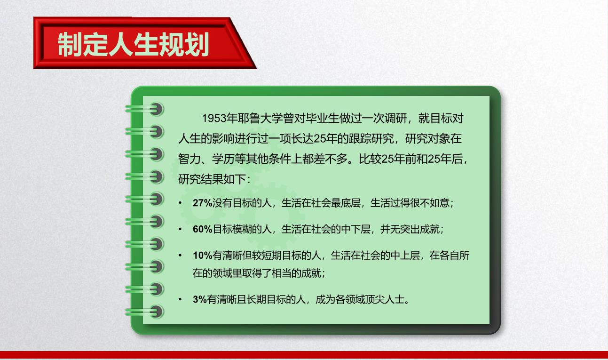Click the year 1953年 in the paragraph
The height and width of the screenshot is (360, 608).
(x=220, y=119)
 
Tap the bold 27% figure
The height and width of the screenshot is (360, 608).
(x=203, y=203)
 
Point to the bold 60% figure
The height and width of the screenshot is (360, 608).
(x=203, y=229)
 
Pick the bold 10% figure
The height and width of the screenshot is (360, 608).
(x=203, y=256)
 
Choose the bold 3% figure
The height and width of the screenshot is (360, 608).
(x=200, y=299)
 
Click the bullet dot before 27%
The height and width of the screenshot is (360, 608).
(x=180, y=203)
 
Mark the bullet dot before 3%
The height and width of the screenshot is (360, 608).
(x=180, y=299)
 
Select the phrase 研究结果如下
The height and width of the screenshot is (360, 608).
(x=212, y=179)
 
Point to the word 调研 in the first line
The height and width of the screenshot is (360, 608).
(x=396, y=119)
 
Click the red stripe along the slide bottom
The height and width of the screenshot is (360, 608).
(x=304, y=355)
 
